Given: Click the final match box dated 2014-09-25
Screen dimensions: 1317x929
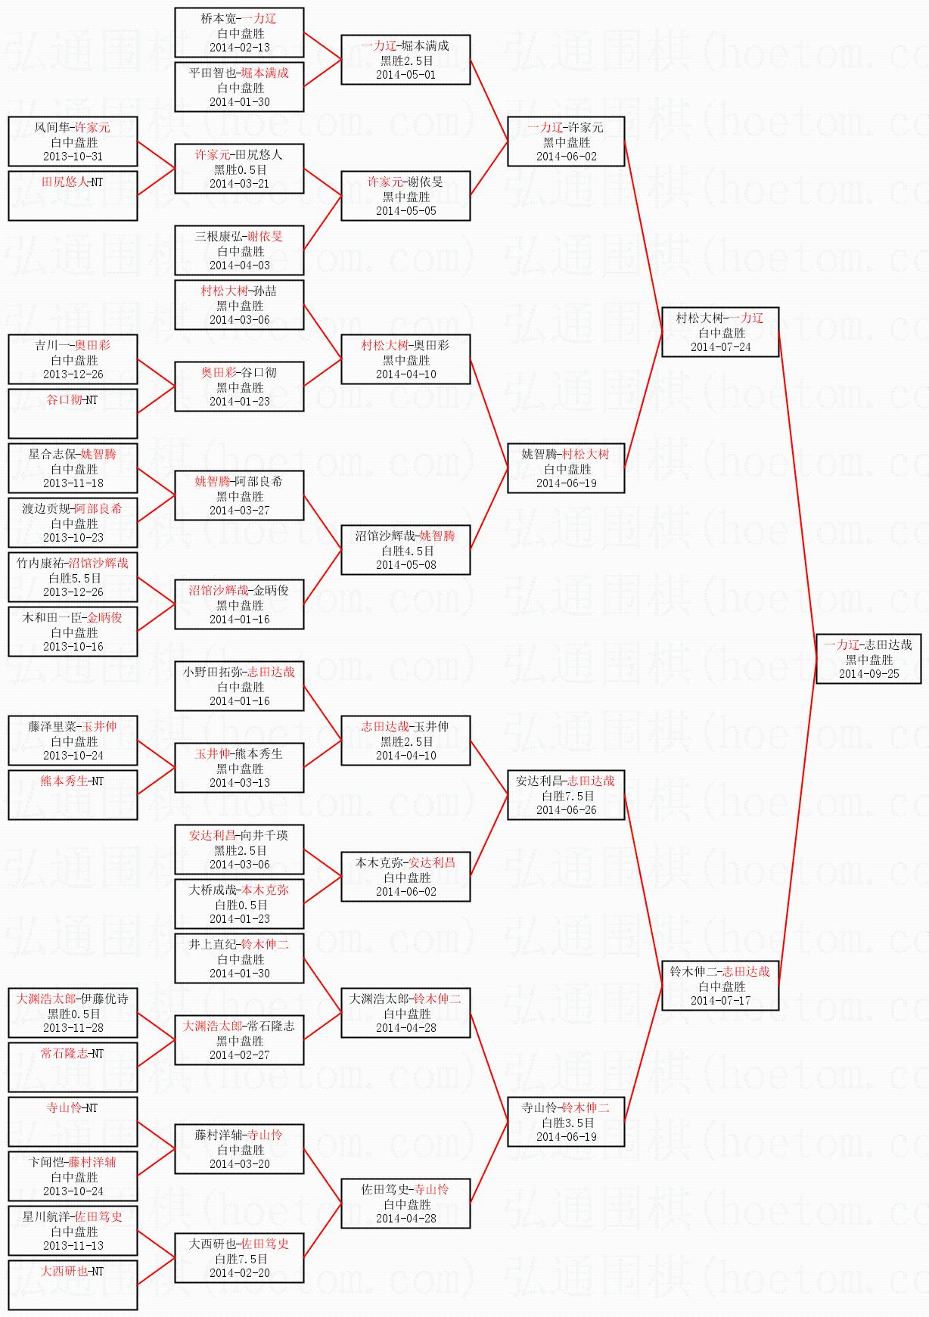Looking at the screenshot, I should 868,659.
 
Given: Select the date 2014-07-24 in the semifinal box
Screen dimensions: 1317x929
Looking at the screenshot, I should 720,347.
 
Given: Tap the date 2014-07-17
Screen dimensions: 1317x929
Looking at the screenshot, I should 720,1001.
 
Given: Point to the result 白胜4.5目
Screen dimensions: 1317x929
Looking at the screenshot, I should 407,551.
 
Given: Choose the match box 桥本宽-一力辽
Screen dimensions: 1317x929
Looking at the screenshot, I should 239,33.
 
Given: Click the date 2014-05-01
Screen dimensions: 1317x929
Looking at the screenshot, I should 405,75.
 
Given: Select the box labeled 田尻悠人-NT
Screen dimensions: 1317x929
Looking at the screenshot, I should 73,195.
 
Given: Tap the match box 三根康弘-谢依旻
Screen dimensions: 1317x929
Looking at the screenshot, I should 239,250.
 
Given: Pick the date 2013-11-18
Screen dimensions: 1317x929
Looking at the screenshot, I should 73,483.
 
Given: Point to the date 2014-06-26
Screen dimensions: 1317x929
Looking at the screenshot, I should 566,810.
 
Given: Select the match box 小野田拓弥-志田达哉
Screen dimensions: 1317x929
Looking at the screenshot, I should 239,686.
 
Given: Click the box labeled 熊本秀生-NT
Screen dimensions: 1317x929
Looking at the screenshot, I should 73,794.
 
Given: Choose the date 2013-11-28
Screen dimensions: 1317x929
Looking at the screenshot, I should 73,1028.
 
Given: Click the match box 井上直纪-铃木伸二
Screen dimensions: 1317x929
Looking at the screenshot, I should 239,958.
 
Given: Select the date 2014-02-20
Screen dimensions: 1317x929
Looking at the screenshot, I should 239,1273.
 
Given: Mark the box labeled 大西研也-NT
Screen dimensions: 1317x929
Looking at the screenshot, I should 73,1284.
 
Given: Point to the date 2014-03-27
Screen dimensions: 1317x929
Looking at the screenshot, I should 239,511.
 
